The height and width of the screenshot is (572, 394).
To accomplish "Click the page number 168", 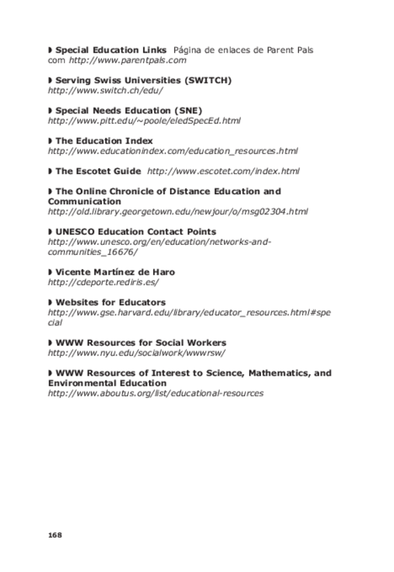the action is click(55, 535).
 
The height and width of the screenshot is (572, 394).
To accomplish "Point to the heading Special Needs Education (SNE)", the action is click(128, 111).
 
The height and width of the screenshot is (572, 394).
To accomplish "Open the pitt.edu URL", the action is click(144, 121).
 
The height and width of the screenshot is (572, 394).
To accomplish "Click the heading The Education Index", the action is click(104, 141).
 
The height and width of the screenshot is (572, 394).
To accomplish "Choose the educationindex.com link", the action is click(173, 151).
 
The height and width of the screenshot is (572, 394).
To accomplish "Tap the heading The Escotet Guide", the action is click(98, 171).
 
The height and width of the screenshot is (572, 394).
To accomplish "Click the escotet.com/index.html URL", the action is click(223, 171).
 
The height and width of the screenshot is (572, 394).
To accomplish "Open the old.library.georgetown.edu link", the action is click(177, 212).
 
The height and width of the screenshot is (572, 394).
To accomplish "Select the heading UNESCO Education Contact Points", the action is click(135, 232).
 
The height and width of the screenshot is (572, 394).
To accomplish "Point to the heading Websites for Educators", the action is click(110, 303).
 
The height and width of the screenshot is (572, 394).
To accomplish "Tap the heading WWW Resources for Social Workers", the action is click(140, 343).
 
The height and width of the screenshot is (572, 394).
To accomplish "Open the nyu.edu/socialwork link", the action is click(136, 353).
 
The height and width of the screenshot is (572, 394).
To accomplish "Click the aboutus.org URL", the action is click(155, 393).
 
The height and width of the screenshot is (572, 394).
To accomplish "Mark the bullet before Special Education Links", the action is click(51, 51).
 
